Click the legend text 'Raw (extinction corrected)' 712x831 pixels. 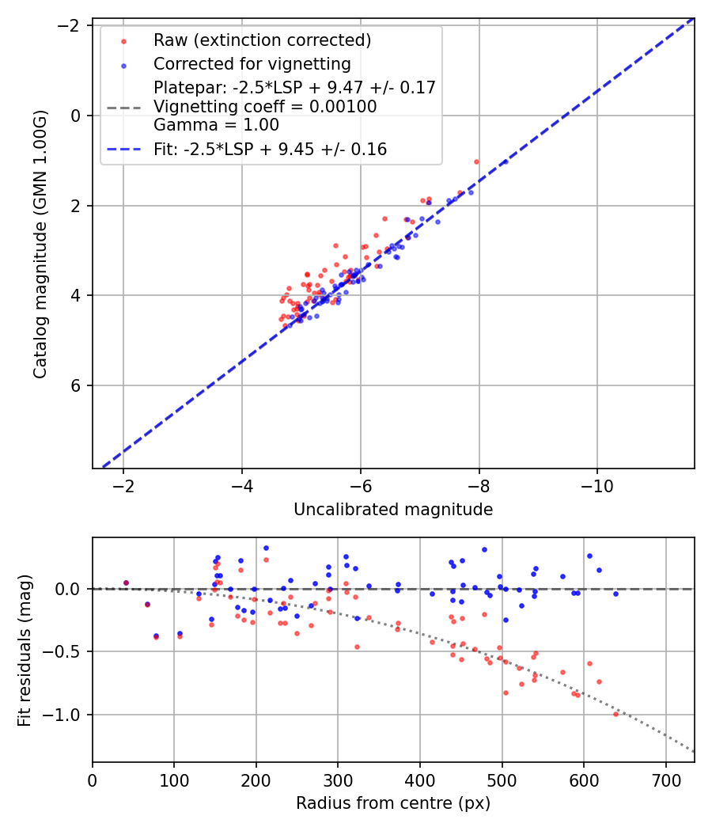[x=262, y=40]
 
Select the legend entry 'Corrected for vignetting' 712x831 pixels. [x=252, y=63]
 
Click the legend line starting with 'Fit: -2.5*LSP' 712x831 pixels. [x=270, y=150]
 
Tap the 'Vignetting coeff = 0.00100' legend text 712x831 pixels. [x=265, y=106]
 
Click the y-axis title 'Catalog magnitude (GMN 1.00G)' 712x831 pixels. [x=40, y=244]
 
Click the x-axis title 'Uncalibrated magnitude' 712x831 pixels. [x=393, y=510]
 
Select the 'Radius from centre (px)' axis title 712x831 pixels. [x=393, y=803]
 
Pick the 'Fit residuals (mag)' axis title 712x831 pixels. [x=24, y=650]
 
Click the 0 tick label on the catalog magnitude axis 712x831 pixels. [x=78, y=116]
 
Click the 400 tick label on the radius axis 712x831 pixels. [x=420, y=780]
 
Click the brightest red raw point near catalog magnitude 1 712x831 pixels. [x=476, y=161]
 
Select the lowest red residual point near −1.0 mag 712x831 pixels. [x=615, y=714]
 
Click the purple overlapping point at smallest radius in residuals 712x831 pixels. [x=126, y=582]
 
